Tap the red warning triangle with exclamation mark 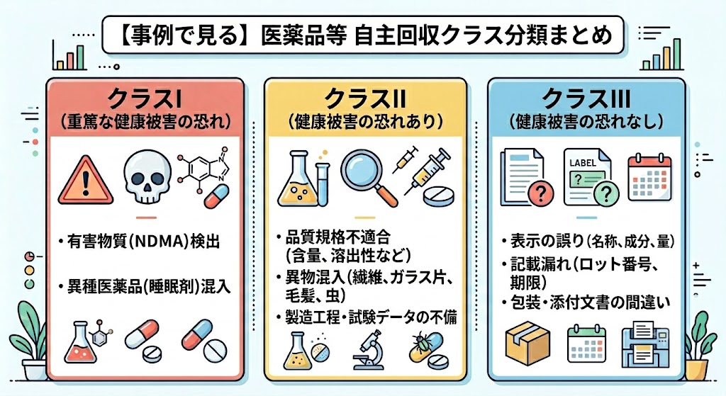point(85,181)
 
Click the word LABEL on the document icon point(583,163)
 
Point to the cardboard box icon point(527,344)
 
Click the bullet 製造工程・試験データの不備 point(371,317)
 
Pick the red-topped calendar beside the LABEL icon point(649,178)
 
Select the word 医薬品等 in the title point(303,35)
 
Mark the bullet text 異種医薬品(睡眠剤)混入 point(149,287)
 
